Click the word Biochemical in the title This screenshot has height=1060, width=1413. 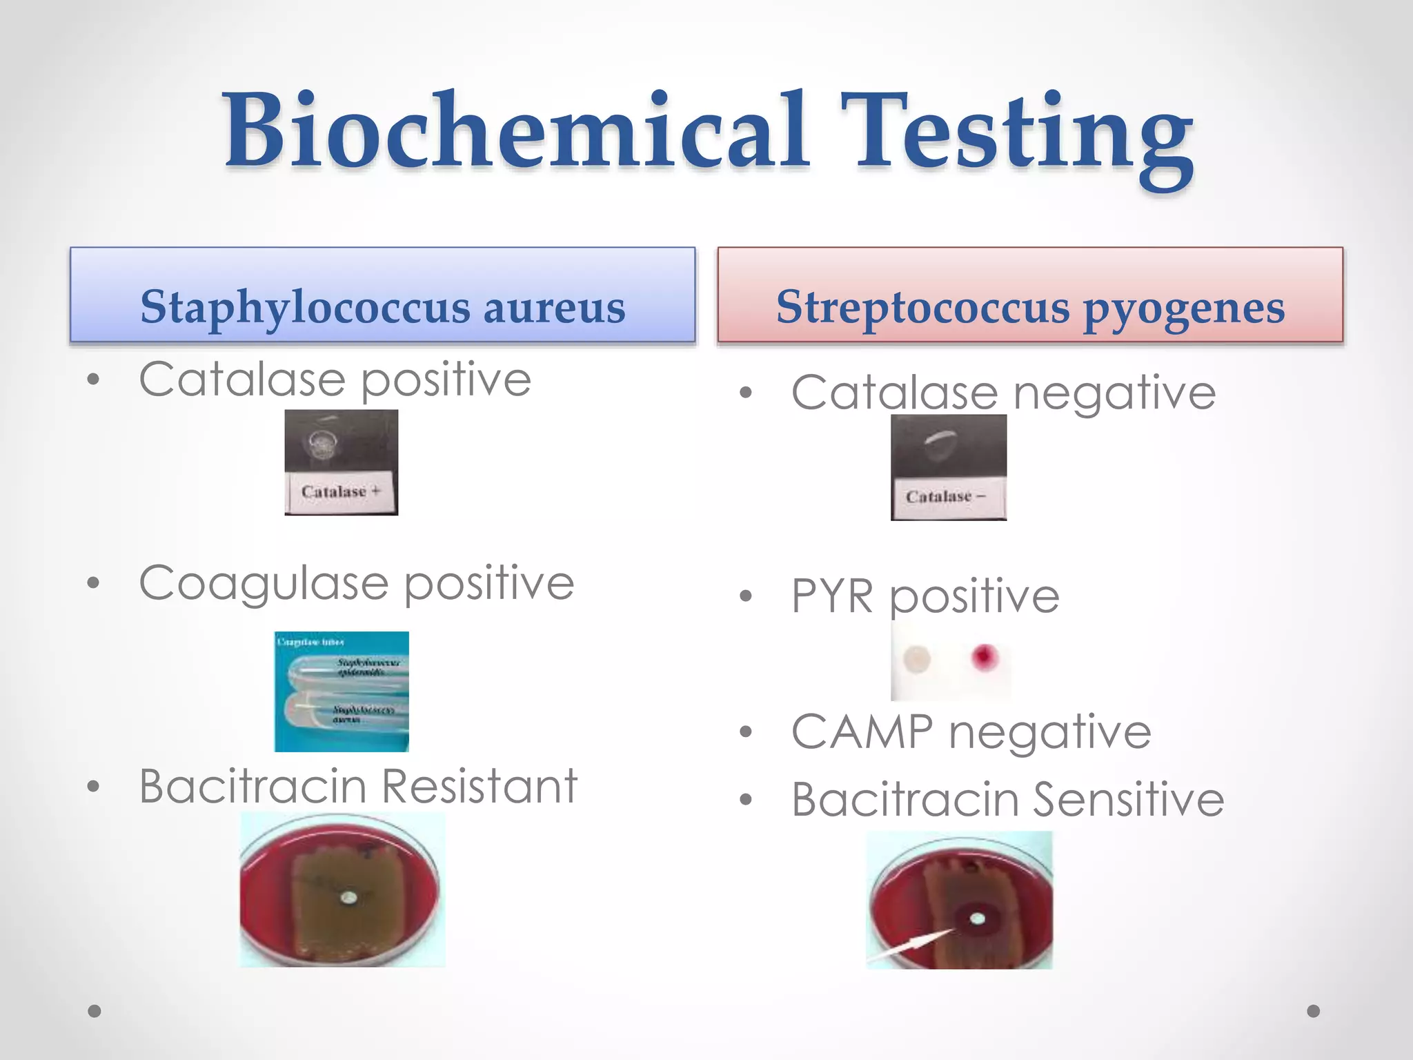click(x=514, y=131)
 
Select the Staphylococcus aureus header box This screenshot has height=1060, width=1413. click(x=382, y=295)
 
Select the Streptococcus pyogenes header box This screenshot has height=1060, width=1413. click(x=1029, y=295)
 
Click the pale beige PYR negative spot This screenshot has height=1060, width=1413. click(x=917, y=659)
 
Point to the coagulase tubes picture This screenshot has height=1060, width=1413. click(x=342, y=691)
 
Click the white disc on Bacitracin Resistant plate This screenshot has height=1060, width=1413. click(x=350, y=897)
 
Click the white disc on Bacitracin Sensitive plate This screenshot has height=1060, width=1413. click(x=977, y=918)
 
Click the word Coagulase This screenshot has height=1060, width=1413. click(x=264, y=584)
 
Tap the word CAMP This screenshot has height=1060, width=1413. click(x=862, y=732)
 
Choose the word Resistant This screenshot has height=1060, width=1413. click(x=479, y=787)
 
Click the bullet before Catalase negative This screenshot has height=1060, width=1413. click(x=745, y=393)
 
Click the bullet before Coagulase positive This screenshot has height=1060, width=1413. click(x=94, y=583)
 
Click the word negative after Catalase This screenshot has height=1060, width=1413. click(x=1114, y=393)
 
